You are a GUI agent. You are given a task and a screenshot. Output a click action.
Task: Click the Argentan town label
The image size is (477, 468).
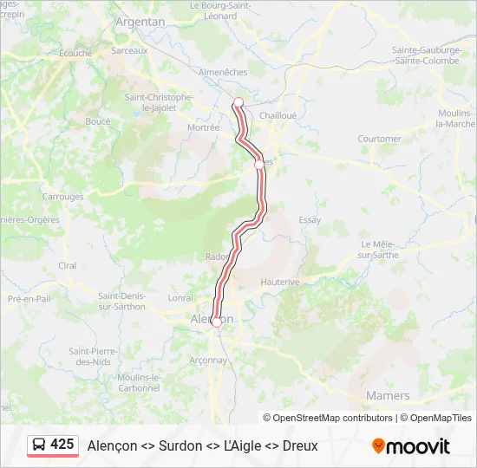pyautogui.click(x=140, y=21)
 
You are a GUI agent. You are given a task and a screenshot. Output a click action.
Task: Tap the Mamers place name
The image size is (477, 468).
pyautogui.click(x=389, y=395)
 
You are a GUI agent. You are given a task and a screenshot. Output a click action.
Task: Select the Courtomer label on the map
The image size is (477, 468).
pyautogui.click(x=379, y=139)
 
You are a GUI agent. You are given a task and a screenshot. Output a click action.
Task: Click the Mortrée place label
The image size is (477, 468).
pyautogui.click(x=204, y=127)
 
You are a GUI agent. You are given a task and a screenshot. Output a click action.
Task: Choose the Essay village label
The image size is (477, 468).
pyautogui.click(x=310, y=220)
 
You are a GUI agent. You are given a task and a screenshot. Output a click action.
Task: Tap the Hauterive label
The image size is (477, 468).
pyautogui.click(x=280, y=283)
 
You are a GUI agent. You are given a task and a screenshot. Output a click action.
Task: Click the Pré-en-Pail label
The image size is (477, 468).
pyautogui.click(x=26, y=298)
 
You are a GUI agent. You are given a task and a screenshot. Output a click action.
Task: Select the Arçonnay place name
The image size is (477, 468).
pyautogui.click(x=208, y=361)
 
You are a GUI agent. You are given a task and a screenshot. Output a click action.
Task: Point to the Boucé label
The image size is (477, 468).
pyautogui.click(x=98, y=122)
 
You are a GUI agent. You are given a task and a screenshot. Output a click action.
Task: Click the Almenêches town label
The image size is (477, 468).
pyautogui.click(x=223, y=72)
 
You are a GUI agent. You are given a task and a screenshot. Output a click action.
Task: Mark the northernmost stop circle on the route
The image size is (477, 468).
pyautogui.click(x=238, y=102)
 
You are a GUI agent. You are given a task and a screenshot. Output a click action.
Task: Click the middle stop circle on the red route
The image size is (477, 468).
pyautogui.click(x=258, y=165)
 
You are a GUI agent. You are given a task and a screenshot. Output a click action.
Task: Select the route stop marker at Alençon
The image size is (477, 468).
pyautogui.click(x=216, y=322)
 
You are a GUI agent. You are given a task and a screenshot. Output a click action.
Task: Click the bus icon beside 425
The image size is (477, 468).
pyautogui.click(x=39, y=445)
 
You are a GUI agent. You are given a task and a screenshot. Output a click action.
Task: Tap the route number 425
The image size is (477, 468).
pyautogui.click(x=62, y=445)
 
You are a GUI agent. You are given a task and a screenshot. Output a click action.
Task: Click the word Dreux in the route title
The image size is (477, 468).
pyautogui.click(x=300, y=445)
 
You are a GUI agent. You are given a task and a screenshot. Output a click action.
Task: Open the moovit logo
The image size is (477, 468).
pyautogui.click(x=411, y=445)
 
